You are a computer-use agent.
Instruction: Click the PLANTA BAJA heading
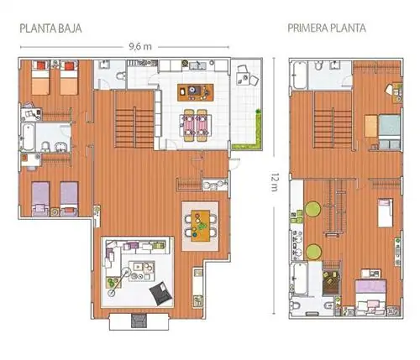pos(50,29)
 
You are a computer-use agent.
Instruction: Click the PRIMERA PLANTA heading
pos(327,29)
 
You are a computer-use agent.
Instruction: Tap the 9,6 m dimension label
pos(140,47)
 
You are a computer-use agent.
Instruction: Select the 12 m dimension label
pos(275,182)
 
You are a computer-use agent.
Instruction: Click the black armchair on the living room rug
pos(160,292)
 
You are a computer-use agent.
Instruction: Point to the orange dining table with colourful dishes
pos(201,226)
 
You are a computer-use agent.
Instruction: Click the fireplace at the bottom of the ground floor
pos(139,321)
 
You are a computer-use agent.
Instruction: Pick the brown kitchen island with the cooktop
pos(196,92)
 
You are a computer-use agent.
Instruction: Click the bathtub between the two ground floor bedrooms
pos(28,138)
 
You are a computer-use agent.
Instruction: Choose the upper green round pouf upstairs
pos(313,209)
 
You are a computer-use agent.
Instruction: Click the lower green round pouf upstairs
pos(313,252)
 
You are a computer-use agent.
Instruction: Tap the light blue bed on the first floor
pos(389,131)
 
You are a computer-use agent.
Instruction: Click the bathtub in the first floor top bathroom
pos(300,75)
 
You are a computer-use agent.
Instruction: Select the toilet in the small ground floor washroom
pos(122,76)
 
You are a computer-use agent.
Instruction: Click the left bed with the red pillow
pos(40,78)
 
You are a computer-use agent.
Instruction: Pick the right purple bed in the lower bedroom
pos(69,199)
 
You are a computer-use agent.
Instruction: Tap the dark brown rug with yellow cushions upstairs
pos(331,282)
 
